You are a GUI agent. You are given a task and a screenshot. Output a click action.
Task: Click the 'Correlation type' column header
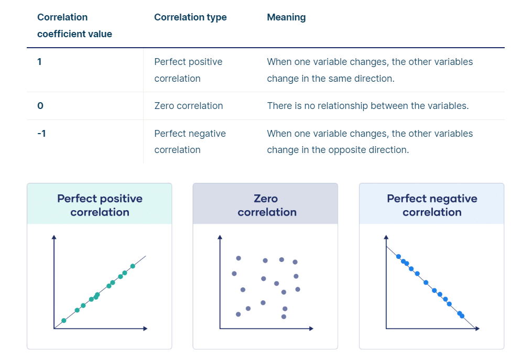(x=190, y=17)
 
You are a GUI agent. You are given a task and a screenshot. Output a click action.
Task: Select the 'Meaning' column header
(x=286, y=17)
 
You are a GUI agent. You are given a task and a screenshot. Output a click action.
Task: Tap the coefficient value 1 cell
(x=39, y=62)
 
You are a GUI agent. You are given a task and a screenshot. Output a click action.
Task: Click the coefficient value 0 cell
(x=40, y=106)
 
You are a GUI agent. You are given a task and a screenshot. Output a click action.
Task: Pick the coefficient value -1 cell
(x=41, y=134)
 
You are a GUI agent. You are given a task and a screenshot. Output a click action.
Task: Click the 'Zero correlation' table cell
(x=188, y=106)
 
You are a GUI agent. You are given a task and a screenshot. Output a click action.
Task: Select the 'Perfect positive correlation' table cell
(x=188, y=70)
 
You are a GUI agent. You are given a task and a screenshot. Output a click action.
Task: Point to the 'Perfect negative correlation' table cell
(x=190, y=141)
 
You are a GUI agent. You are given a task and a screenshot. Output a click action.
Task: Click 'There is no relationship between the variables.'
(x=367, y=106)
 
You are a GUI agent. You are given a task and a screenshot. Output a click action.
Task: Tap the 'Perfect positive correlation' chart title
(x=100, y=205)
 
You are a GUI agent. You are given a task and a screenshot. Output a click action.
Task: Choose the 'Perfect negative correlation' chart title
(x=432, y=205)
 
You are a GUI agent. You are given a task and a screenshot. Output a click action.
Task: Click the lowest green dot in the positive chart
(x=64, y=320)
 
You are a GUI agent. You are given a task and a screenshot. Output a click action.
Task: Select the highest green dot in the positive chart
(x=133, y=266)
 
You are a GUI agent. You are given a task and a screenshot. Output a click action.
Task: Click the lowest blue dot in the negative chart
(x=462, y=316)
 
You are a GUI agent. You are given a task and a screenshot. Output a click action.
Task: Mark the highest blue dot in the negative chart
(x=398, y=257)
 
